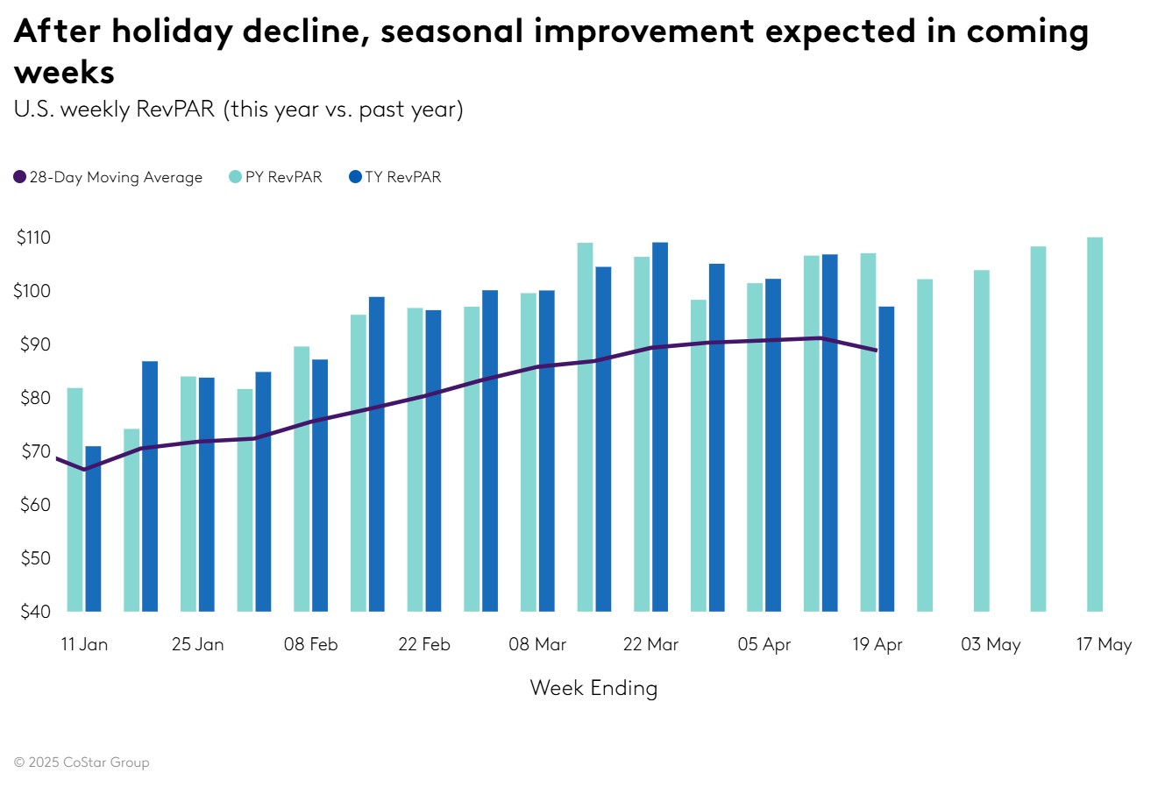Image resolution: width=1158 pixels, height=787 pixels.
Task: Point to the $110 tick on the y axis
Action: [33, 238]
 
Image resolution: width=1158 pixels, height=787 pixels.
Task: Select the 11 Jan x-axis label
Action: [84, 644]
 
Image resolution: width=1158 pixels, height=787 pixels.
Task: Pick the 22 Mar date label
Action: [650, 644]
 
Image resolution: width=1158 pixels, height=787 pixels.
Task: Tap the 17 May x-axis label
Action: [1104, 644]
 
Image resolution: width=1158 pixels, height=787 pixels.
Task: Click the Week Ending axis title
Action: [593, 688]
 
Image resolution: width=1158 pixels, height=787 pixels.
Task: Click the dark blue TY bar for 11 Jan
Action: [93, 528]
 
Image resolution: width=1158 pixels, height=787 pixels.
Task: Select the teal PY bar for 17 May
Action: [1095, 424]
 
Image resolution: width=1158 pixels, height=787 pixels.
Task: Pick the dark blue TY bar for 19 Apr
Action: [886, 458]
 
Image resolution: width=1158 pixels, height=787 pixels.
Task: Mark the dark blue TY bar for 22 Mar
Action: [660, 427]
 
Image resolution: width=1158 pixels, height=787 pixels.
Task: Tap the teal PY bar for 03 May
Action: [982, 441]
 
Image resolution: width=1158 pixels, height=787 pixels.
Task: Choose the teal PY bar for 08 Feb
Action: [302, 479]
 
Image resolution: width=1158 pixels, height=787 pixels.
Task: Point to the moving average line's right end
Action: [877, 351]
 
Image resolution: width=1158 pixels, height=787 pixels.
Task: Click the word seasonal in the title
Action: [451, 32]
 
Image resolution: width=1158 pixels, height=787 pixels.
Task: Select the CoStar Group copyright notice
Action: [82, 762]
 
